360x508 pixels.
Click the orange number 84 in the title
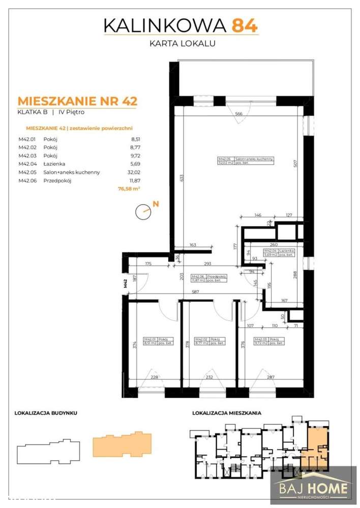click(246, 25)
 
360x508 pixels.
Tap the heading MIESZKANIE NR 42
click(77, 100)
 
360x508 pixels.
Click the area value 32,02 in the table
click(131, 172)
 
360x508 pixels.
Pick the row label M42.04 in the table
click(26, 164)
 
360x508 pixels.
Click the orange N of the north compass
click(156, 204)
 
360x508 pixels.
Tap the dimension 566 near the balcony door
click(238, 114)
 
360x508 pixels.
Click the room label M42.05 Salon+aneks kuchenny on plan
click(246, 162)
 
